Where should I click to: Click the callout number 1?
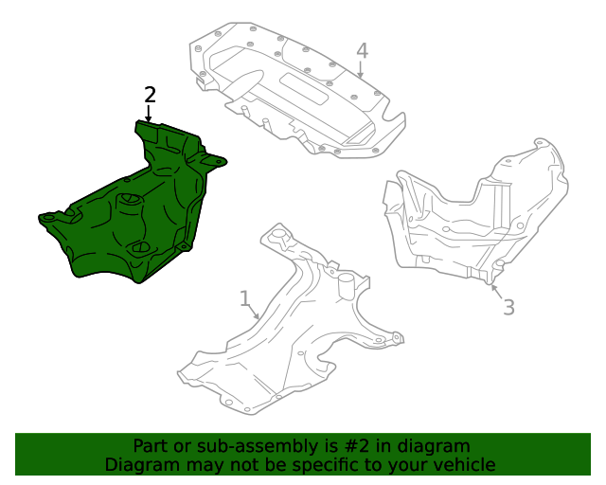(x=244, y=299)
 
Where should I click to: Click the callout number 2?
(x=150, y=94)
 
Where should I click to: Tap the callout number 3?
(x=508, y=307)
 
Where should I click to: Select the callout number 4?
(x=362, y=50)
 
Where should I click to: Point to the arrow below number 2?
(x=148, y=112)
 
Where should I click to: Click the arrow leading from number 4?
(x=361, y=68)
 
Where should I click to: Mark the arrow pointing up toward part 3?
(x=495, y=284)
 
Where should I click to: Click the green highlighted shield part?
(x=123, y=227)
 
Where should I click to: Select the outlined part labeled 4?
(x=294, y=90)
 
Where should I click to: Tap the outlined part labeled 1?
(x=284, y=341)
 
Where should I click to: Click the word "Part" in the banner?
(x=151, y=446)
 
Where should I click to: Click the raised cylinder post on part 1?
(x=348, y=285)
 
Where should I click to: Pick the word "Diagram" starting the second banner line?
(x=140, y=465)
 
